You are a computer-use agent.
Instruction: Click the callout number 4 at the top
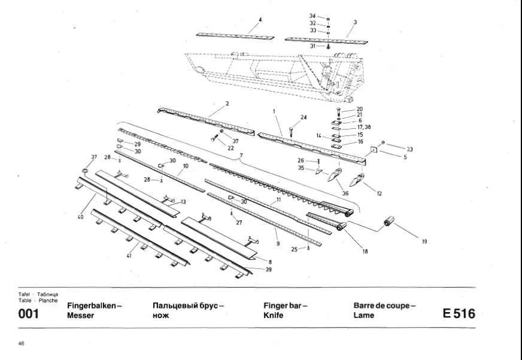click(260, 20)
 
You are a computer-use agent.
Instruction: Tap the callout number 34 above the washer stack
click(312, 16)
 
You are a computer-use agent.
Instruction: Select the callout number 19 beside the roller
click(424, 242)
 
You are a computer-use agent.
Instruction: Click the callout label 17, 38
click(364, 128)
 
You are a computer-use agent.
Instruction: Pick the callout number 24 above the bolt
click(304, 117)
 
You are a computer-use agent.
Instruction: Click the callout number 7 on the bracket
click(241, 156)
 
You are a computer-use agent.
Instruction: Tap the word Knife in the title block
click(273, 316)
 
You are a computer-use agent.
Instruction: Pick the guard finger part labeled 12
click(359, 179)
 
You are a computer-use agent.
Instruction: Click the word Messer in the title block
click(81, 316)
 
